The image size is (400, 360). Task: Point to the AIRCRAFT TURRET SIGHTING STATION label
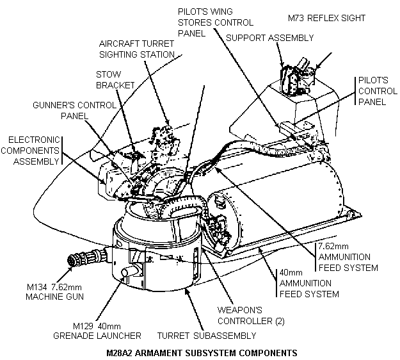point(136,49)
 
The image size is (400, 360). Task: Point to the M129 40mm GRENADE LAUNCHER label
point(106,331)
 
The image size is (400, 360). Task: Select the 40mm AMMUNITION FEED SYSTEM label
point(308,283)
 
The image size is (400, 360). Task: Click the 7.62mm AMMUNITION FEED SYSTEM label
point(348,256)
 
